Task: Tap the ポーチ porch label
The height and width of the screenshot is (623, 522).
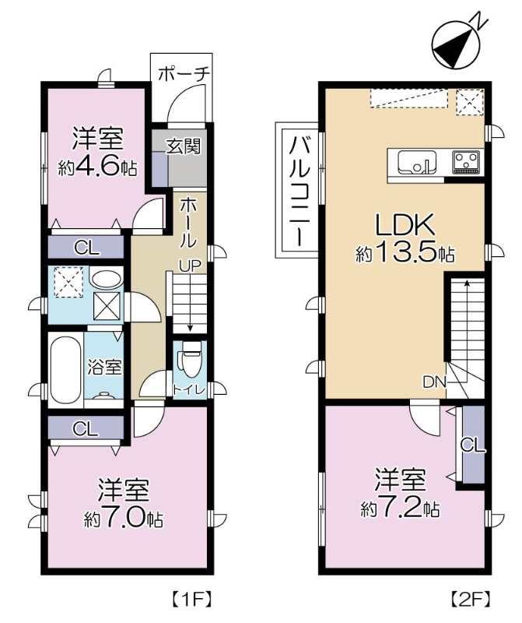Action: pos(184,74)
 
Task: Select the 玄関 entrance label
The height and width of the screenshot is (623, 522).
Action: pos(184,146)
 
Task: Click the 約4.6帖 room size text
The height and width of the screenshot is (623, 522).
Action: pos(98,167)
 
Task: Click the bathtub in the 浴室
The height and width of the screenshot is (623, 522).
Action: pos(66,370)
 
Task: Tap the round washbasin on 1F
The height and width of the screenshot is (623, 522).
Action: pos(106,278)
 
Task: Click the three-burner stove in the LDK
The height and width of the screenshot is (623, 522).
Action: pos(466,162)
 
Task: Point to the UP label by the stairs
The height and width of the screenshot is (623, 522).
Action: pos(189,266)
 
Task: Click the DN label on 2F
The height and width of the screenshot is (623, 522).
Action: pos(435,382)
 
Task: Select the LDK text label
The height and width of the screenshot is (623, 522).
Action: pos(405,224)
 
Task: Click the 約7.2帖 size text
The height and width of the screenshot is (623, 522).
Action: pos(400,509)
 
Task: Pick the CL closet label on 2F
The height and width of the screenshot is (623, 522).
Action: pos(473,445)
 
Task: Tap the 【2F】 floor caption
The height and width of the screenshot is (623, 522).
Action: pos(471,599)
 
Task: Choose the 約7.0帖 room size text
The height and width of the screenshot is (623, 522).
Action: pos(123,519)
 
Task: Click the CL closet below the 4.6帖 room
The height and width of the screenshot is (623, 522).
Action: pos(86,248)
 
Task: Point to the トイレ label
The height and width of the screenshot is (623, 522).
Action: pos(189,389)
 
